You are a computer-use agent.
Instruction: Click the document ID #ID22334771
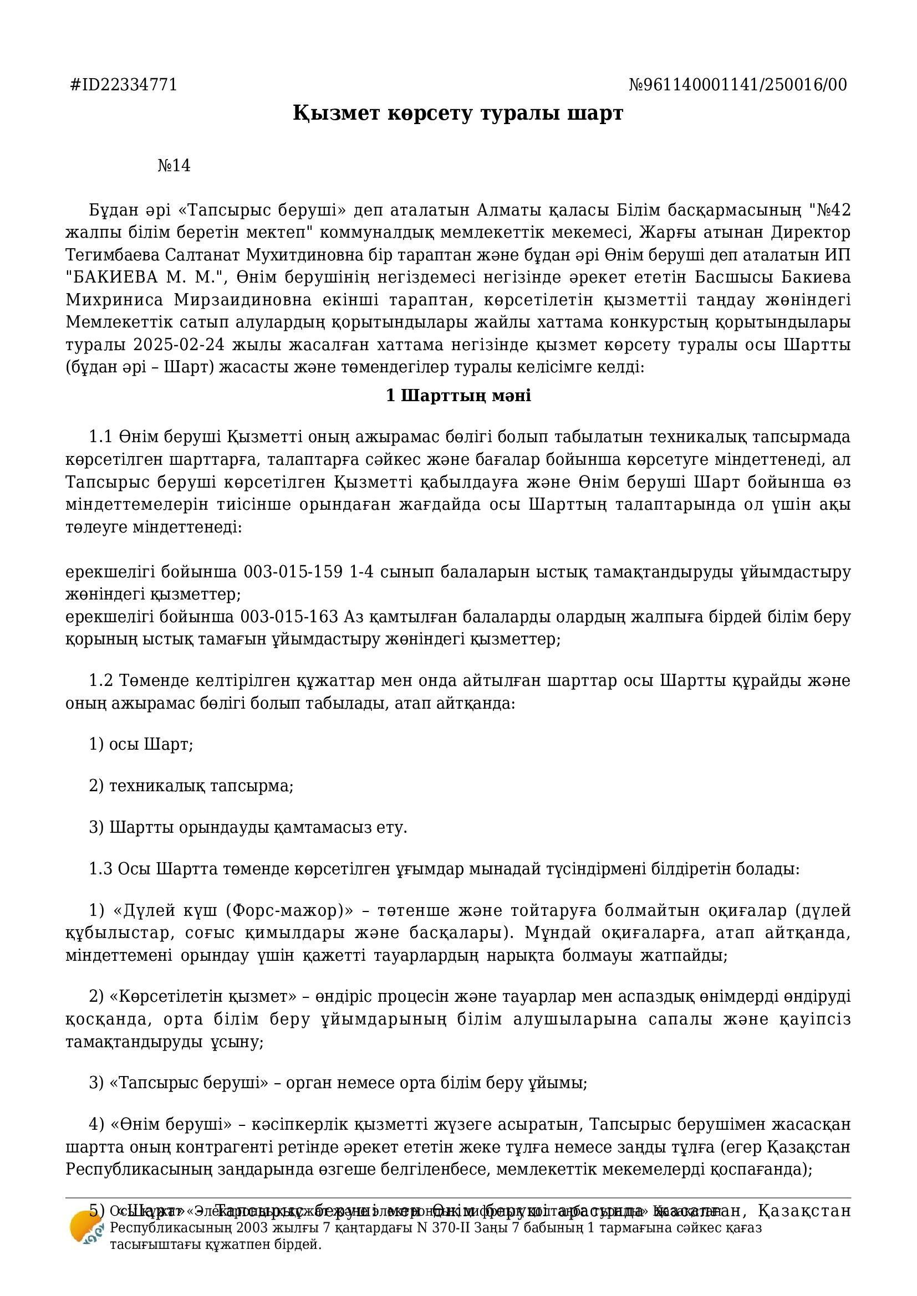coord(123,85)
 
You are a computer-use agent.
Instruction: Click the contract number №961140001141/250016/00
coord(737,85)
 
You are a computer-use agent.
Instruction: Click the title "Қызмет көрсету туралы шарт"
coord(458,113)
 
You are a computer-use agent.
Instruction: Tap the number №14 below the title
coord(174,166)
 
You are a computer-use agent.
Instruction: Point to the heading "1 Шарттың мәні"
coord(458,396)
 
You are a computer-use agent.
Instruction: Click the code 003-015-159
coord(293,572)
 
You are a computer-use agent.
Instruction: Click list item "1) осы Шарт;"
coord(141,745)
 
